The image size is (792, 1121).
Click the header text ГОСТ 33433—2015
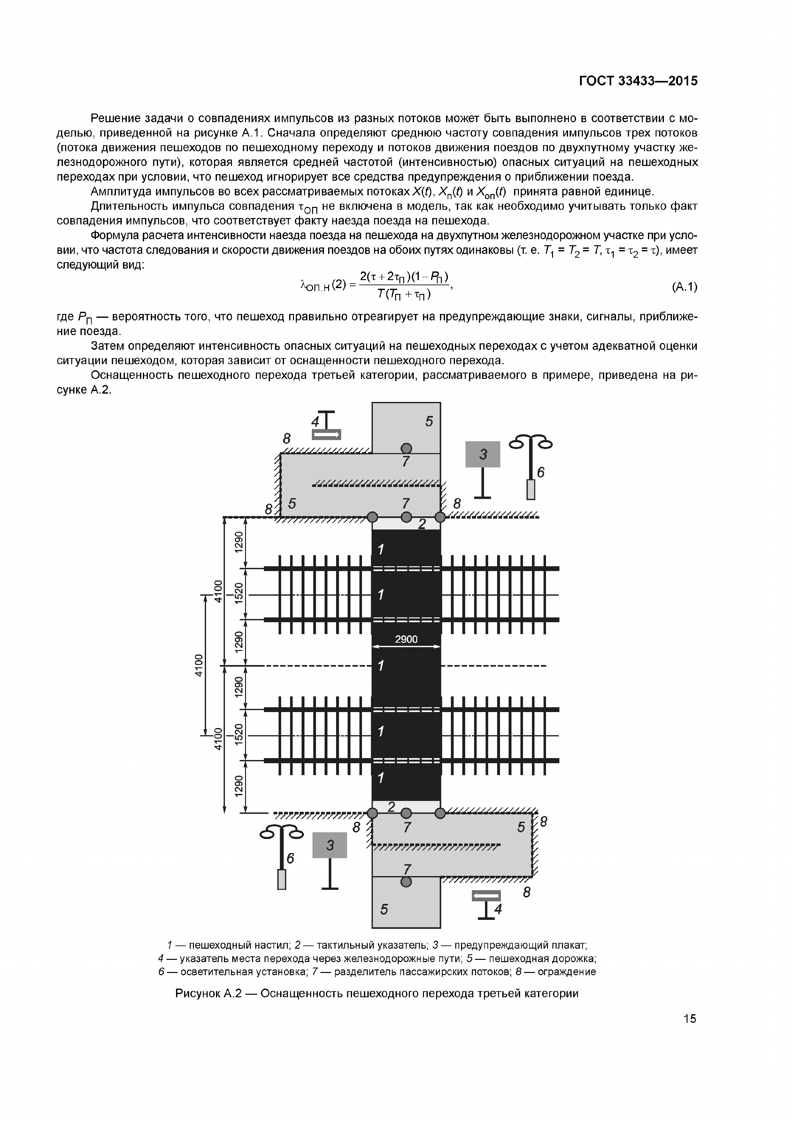point(638,81)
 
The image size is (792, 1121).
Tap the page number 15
point(689,1018)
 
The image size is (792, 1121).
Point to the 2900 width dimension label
point(406,639)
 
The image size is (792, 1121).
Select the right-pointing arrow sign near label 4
point(327,434)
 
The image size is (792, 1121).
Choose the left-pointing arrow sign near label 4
point(486,896)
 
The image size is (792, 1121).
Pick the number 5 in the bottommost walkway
point(384,909)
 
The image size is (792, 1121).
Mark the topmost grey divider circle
point(406,448)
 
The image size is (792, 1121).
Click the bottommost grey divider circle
point(406,881)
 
